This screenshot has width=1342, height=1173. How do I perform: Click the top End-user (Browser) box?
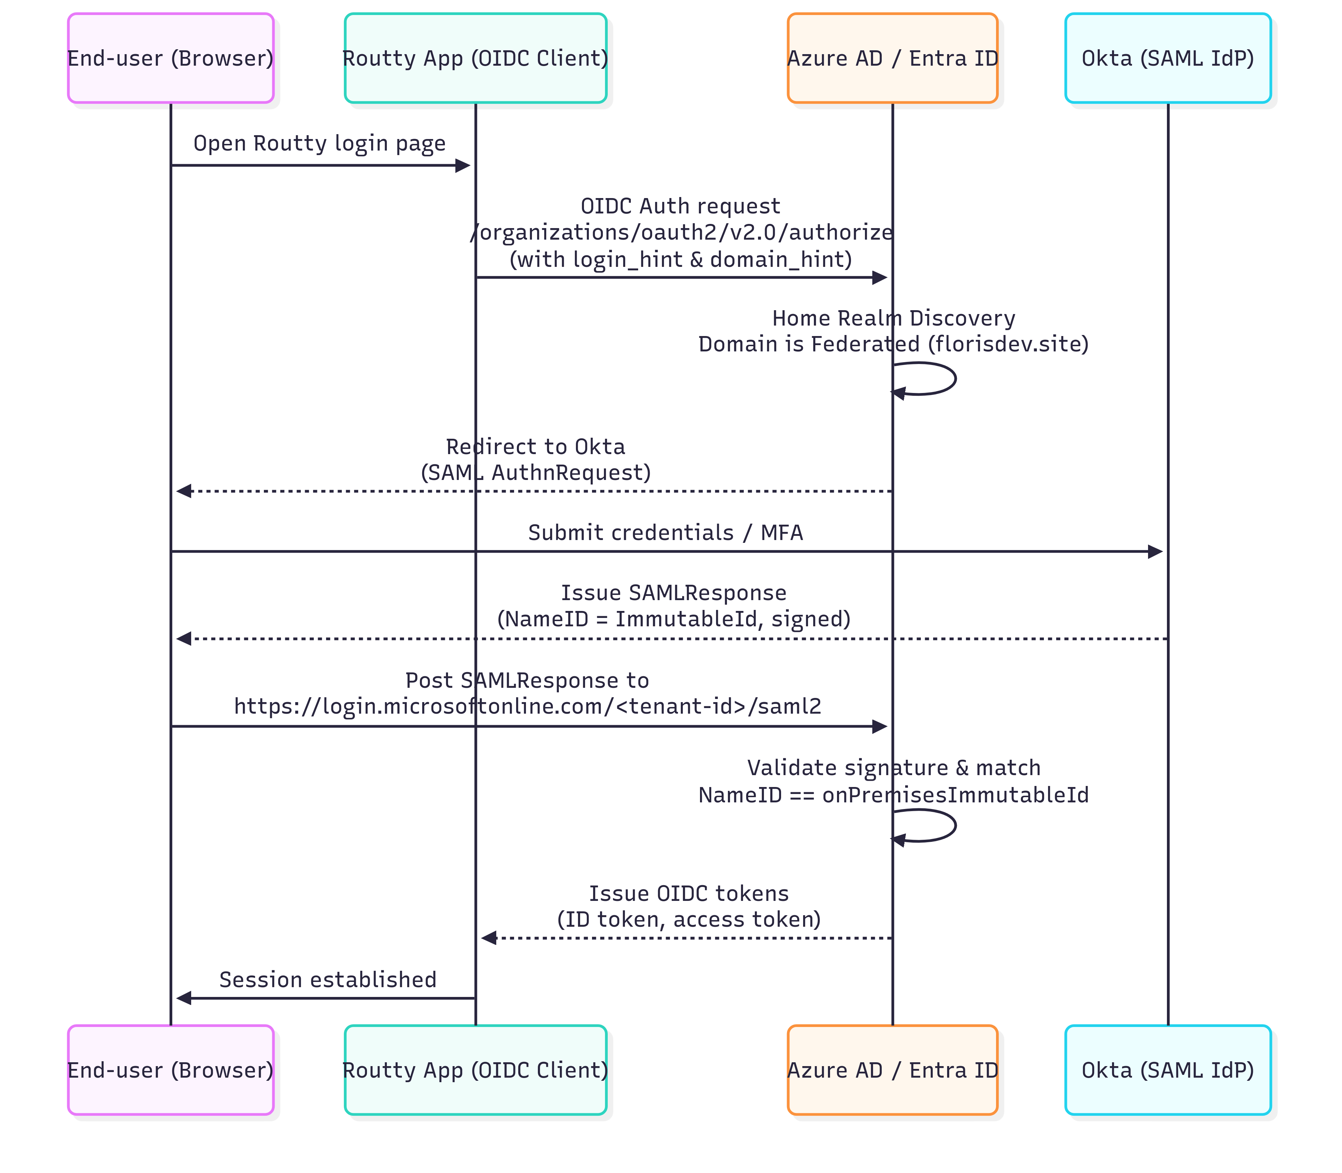[170, 58]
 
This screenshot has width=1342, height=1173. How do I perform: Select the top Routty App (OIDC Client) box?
[476, 58]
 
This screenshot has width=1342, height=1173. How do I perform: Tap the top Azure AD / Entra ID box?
[892, 58]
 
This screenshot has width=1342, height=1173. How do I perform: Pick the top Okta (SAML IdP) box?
[1168, 58]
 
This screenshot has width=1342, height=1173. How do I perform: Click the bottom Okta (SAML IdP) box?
[1168, 1070]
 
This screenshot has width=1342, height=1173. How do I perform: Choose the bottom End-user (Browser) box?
[170, 1070]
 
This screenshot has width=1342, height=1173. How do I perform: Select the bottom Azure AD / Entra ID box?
[892, 1070]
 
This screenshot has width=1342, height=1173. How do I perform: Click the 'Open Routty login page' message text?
[320, 143]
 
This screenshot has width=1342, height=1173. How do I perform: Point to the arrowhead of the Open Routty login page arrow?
[463, 166]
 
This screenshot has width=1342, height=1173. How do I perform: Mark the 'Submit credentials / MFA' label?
[665, 533]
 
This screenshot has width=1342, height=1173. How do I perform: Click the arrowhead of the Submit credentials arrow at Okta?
[1155, 552]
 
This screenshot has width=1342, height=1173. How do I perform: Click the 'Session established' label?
[327, 980]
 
